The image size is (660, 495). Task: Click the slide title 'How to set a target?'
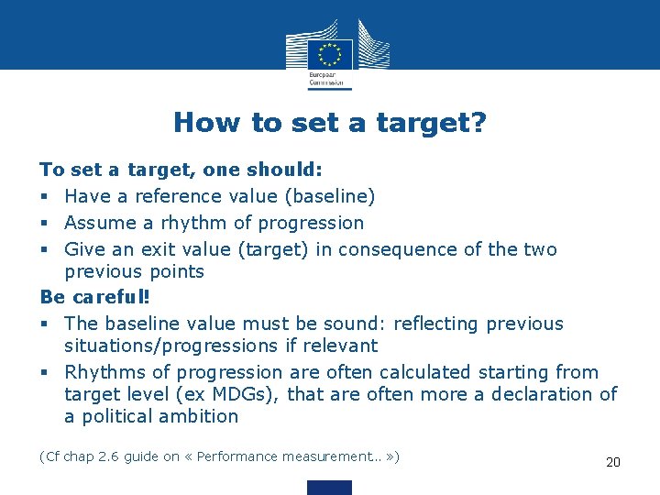[330, 122]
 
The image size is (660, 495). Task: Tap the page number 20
[613, 462]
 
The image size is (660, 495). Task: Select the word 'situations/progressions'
[170, 346]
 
